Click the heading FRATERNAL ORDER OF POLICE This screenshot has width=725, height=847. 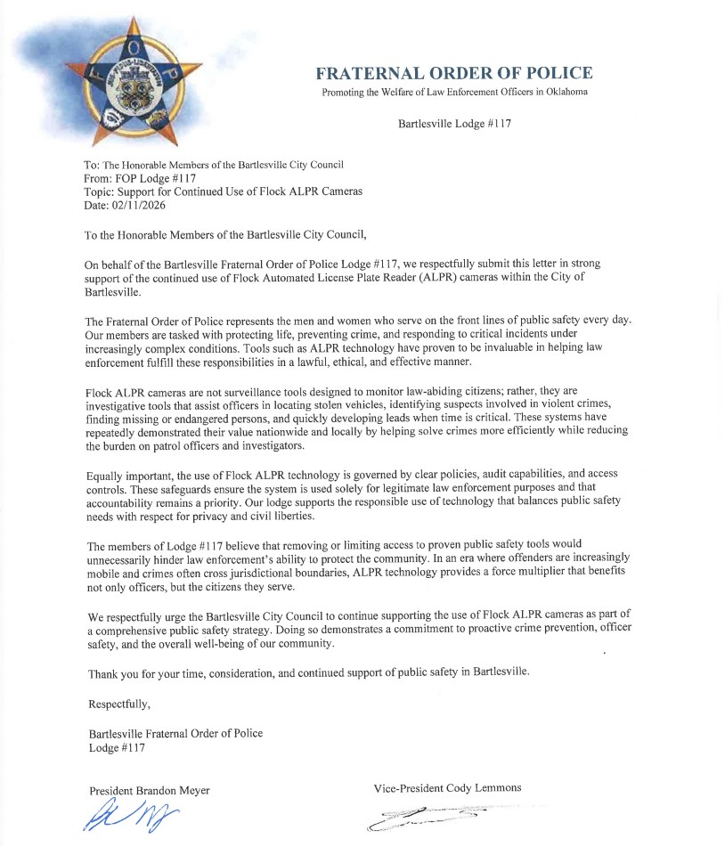pos(453,74)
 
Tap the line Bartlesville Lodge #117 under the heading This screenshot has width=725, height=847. pos(454,124)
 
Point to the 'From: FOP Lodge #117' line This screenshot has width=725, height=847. pos(140,178)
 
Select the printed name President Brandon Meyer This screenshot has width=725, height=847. pos(150,790)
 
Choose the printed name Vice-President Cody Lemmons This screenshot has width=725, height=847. pos(447,787)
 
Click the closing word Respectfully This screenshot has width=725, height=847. pos(119,704)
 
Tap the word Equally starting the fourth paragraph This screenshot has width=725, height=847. pos(108,474)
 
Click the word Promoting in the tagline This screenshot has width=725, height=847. pos(343,92)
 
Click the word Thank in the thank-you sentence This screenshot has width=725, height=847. pos(103,672)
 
